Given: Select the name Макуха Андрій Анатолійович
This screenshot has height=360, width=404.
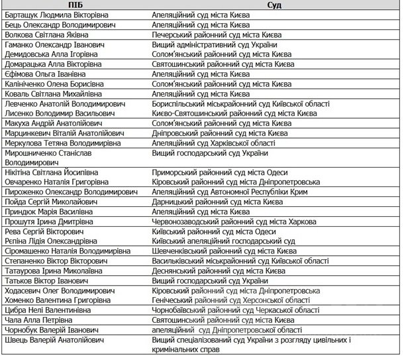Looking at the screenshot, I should [x=52, y=123].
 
